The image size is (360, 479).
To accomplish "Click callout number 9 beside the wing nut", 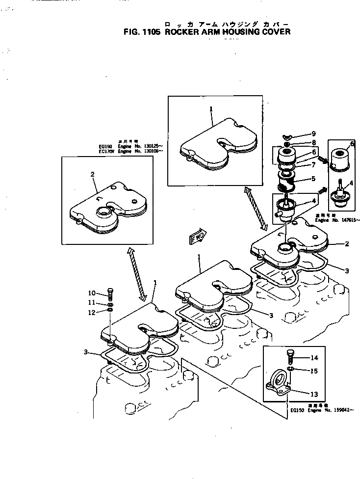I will [313, 133].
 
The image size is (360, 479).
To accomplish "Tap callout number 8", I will [313, 143].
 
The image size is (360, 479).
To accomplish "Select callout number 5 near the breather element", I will [313, 179].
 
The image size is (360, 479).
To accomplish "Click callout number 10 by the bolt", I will [92, 293].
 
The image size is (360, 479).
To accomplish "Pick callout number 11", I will [92, 302].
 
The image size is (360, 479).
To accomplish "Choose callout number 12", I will [92, 312].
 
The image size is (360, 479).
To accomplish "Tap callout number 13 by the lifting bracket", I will [314, 394].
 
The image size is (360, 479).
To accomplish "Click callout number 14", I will [314, 358].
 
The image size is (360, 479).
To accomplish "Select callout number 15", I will [314, 371].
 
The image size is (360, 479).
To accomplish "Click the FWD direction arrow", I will [198, 238].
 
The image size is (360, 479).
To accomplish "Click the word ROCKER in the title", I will [184, 32].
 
